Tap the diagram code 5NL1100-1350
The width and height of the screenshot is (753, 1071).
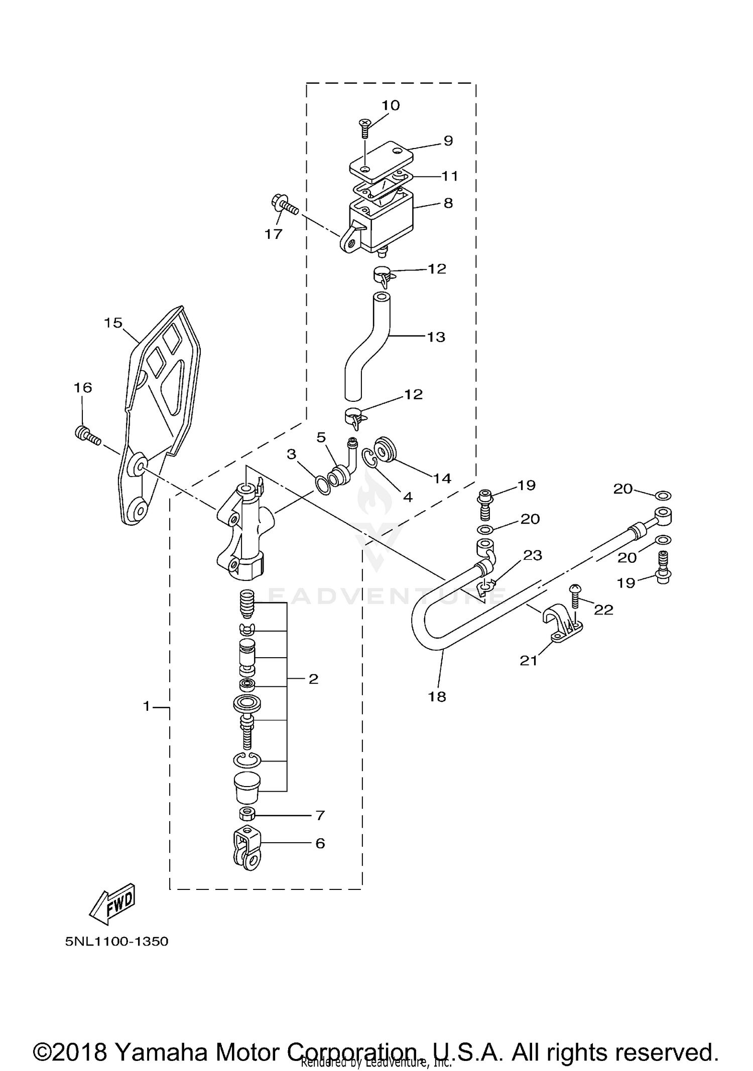116,942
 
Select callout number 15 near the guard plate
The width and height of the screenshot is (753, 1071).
113,323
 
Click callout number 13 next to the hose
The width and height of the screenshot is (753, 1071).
436,337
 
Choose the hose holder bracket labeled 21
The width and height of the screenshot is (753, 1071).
562,629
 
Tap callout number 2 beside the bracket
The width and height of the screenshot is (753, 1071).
313,679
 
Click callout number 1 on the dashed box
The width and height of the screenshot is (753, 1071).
147,707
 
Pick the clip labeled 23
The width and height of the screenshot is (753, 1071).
486,587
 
